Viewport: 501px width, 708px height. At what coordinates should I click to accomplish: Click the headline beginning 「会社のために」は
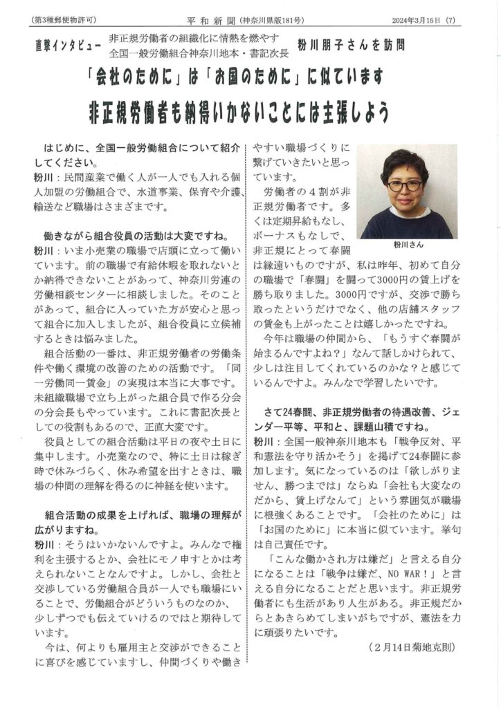(250, 77)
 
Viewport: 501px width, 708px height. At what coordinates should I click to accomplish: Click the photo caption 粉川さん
(406, 245)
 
